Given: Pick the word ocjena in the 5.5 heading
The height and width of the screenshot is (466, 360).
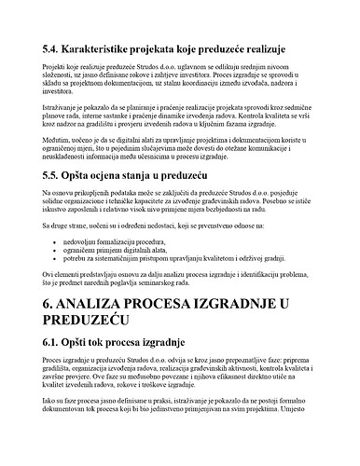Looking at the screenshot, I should pos(127,175).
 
